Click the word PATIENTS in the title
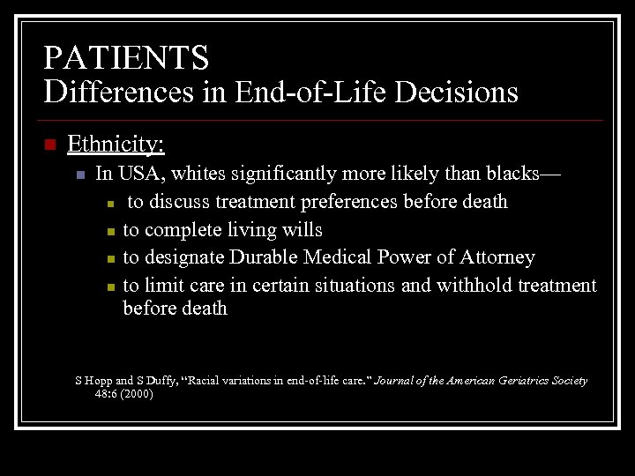pos(127,57)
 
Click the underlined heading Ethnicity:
pos(116,144)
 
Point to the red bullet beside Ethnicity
pos(49,145)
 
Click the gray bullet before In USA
pos(79,175)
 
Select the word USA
pos(136,174)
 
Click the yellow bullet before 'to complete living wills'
pos(108,231)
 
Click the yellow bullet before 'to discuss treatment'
pos(108,204)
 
